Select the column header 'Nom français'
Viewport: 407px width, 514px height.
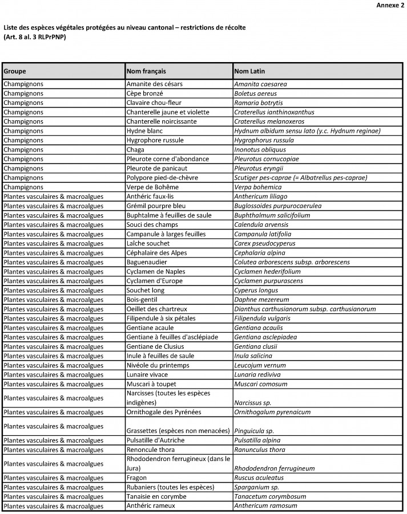146,71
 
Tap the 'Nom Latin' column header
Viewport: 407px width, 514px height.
249,71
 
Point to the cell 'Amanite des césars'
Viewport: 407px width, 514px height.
154,84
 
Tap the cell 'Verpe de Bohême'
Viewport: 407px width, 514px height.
152,187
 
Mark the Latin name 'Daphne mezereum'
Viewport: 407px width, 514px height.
261,300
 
